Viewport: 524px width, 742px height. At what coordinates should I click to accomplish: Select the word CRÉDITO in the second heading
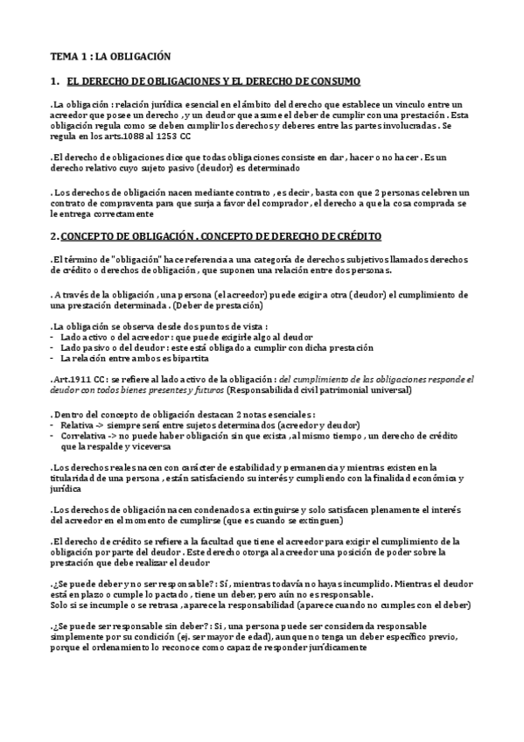pos(344,236)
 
